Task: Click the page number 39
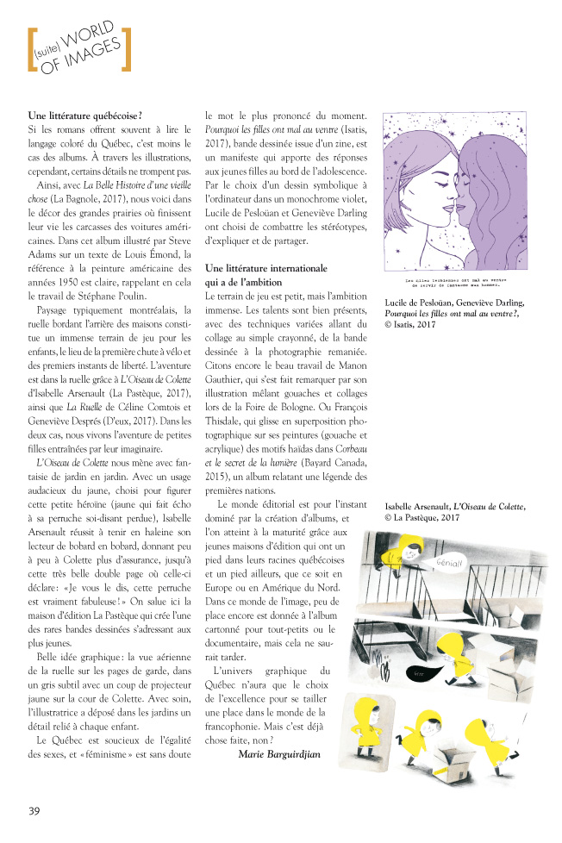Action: click(34, 809)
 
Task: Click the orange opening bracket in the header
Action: click(32, 50)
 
